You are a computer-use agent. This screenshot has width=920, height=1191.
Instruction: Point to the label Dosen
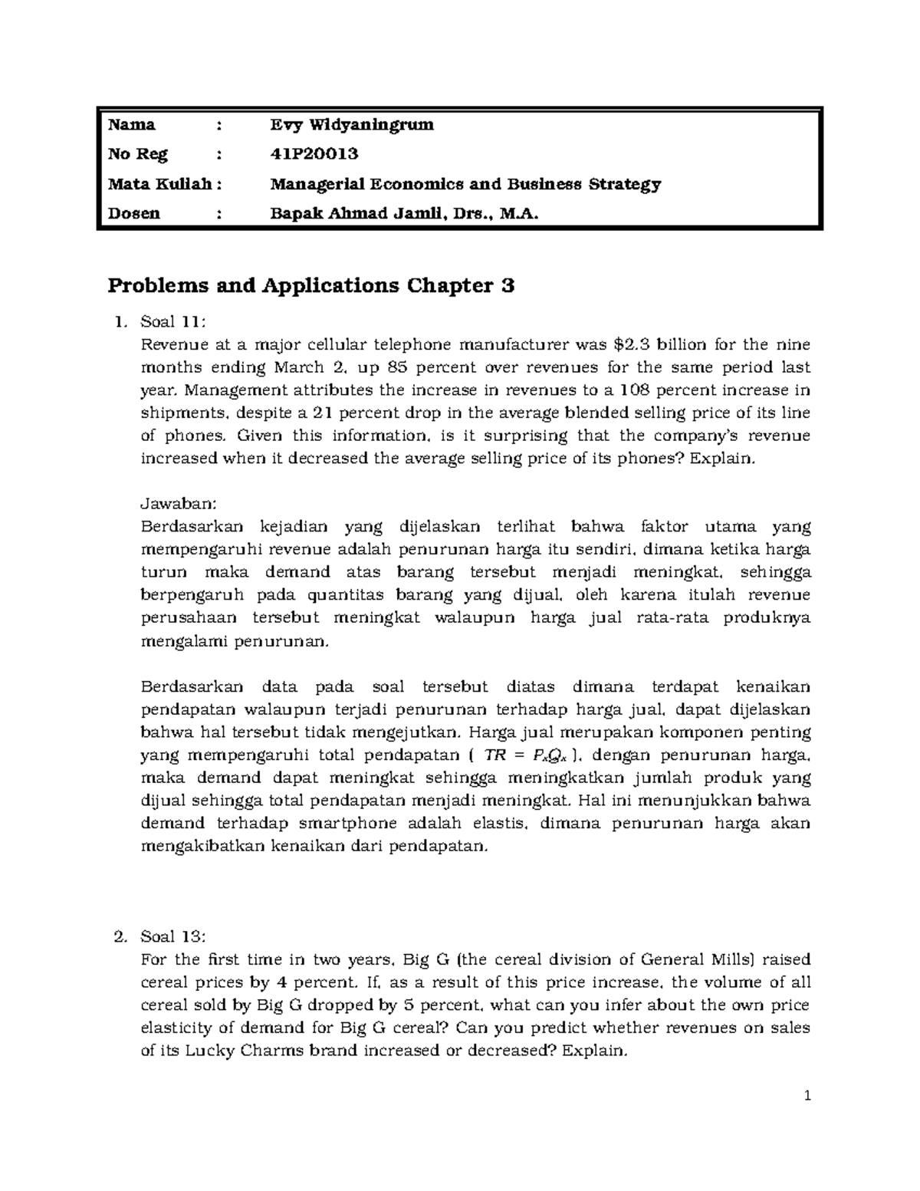[134, 214]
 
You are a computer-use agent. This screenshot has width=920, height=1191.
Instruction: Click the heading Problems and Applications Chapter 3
[310, 286]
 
